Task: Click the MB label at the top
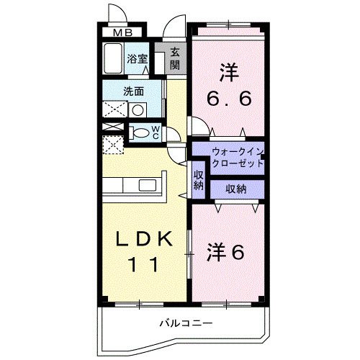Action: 120,32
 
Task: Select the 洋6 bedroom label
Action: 227,252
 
